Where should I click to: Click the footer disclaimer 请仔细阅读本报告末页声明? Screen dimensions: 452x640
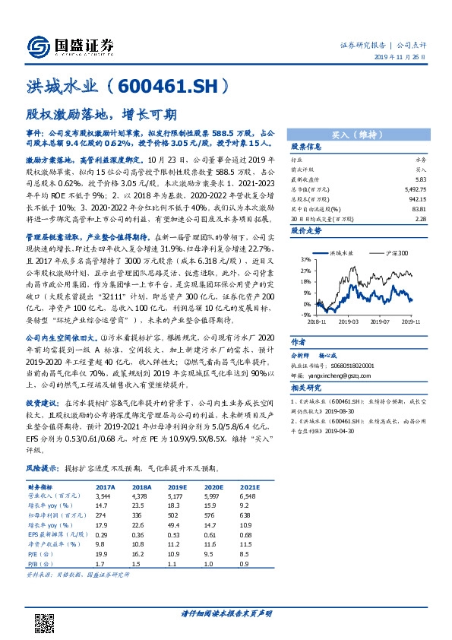point(226,613)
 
